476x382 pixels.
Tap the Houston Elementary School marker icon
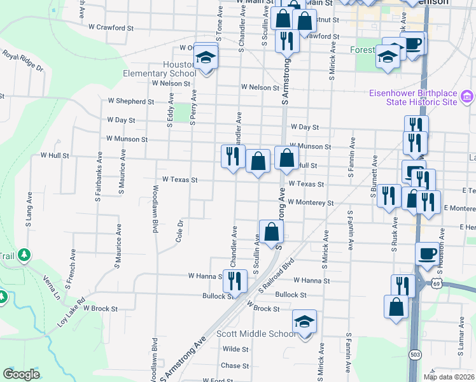pyautogui.click(x=206, y=58)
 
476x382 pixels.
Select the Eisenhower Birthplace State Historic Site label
pyautogui.click(x=413, y=97)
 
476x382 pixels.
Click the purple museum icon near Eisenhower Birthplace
pyautogui.click(x=467, y=97)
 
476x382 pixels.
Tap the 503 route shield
pyautogui.click(x=415, y=353)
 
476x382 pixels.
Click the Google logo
pyautogui.click(x=22, y=374)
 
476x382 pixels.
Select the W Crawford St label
pyautogui.click(x=111, y=28)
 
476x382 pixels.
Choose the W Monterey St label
pyautogui.click(x=311, y=202)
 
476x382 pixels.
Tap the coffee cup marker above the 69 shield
pyautogui.click(x=426, y=254)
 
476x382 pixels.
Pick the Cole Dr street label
pyautogui.click(x=179, y=230)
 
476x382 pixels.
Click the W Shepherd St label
pyautogui.click(x=130, y=101)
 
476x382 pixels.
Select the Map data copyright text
pyautogui.click(x=449, y=377)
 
